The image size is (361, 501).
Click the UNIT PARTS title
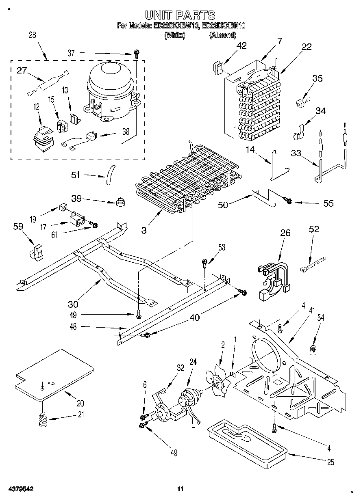coord(180,15)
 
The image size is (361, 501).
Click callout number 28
coord(32,35)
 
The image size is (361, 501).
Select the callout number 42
coord(241,45)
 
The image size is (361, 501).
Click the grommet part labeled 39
coord(120,201)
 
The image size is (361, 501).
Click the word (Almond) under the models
coord(222,35)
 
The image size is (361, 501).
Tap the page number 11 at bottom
coord(180,489)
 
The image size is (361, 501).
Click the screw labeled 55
coord(288,200)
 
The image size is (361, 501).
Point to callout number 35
coord(317,78)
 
